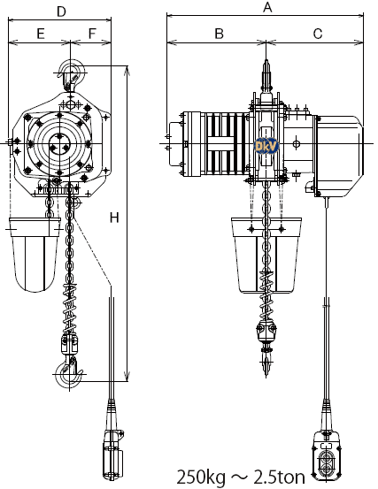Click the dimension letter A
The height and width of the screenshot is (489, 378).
coord(267,7)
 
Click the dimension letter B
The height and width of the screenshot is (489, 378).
coord(220,34)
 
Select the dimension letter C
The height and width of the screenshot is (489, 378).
coord(318,34)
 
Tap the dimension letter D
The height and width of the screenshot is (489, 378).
coord(61,11)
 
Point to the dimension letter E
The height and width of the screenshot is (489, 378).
coord(41,34)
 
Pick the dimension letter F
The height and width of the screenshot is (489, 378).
coord(92,34)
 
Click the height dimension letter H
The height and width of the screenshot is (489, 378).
coord(114,218)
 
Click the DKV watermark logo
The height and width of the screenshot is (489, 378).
coord(266,146)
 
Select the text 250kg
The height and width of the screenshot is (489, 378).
coord(201,478)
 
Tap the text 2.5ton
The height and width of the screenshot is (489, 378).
coord(280,478)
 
